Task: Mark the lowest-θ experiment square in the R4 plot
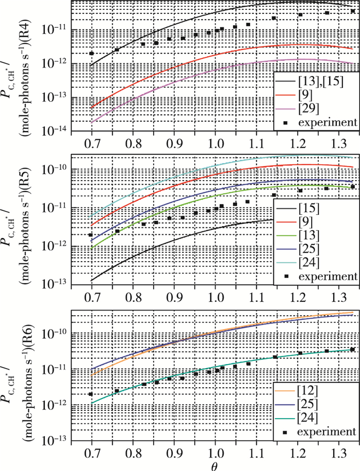92,53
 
